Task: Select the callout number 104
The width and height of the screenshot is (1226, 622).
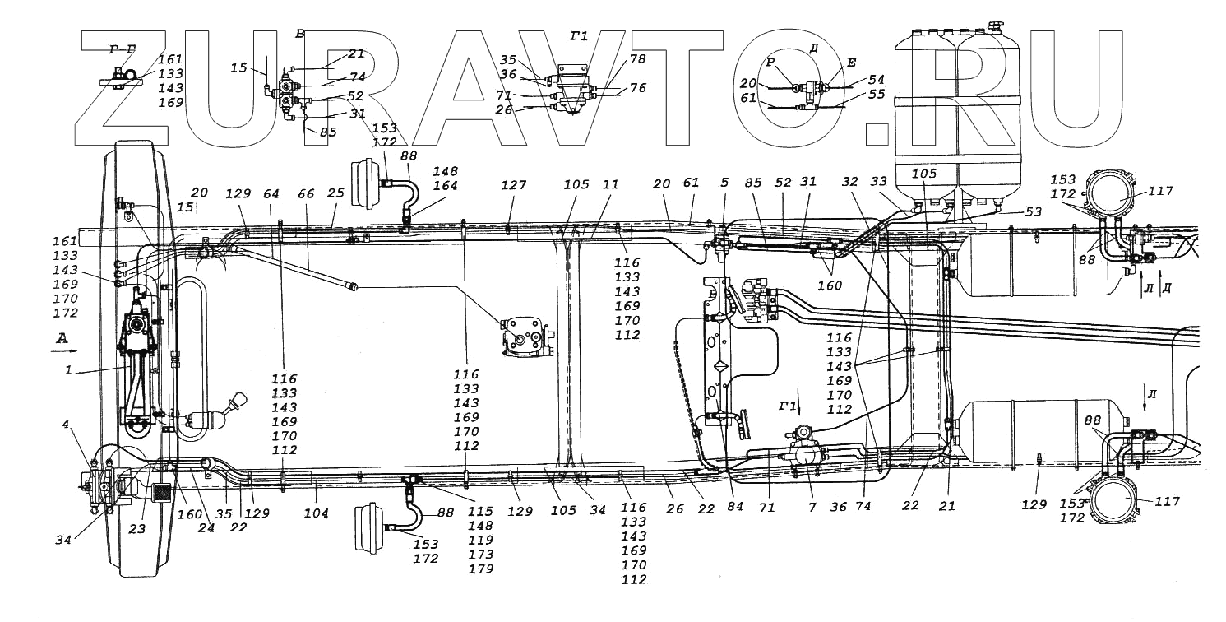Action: tap(317, 513)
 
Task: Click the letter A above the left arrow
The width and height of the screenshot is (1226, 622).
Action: tap(61, 338)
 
